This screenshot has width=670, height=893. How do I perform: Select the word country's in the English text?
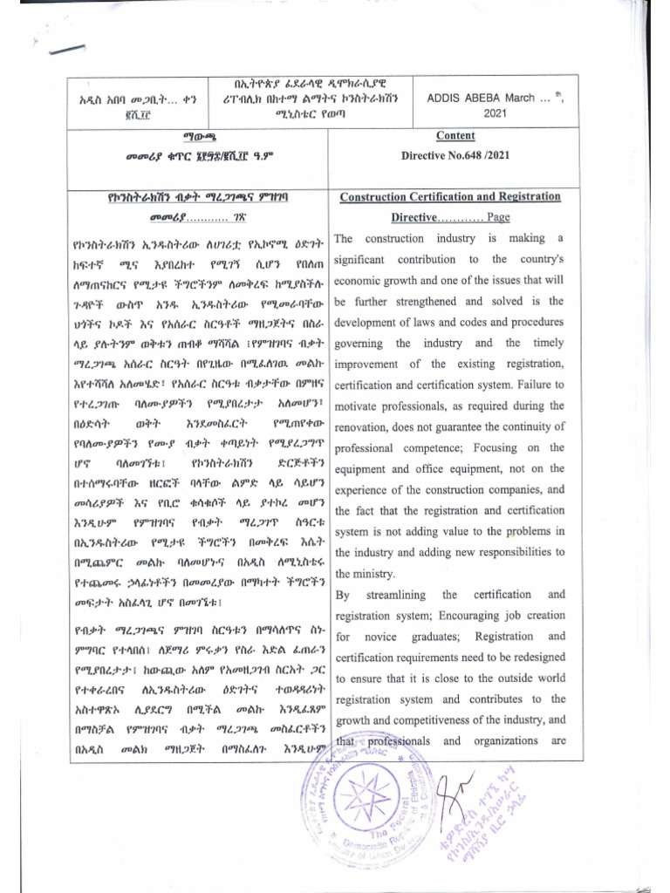click(x=542, y=259)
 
